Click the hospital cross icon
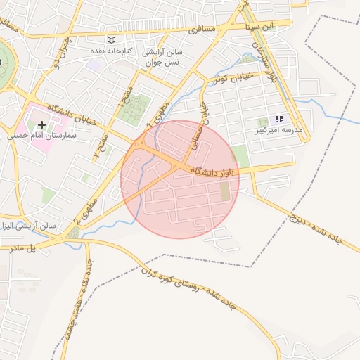pyautogui.click(x=41, y=125)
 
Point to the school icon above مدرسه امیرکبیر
pyautogui.click(x=279, y=120)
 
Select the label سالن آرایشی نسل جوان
pyautogui.click(x=162, y=57)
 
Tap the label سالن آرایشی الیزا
pyautogui.click(x=31, y=227)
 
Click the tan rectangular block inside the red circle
pyautogui.click(x=224, y=191)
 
